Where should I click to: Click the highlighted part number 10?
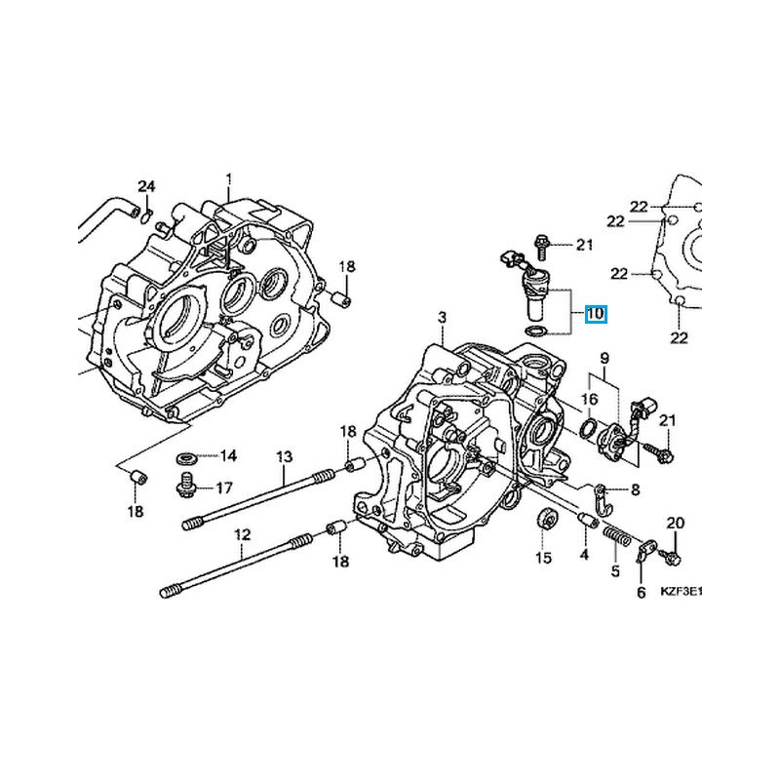click(595, 314)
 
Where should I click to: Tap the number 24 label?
click(145, 186)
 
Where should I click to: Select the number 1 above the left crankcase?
click(230, 179)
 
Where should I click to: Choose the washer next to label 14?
click(185, 456)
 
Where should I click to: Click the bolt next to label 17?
click(185, 484)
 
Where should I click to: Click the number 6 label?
click(641, 593)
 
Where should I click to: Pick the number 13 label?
click(284, 456)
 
